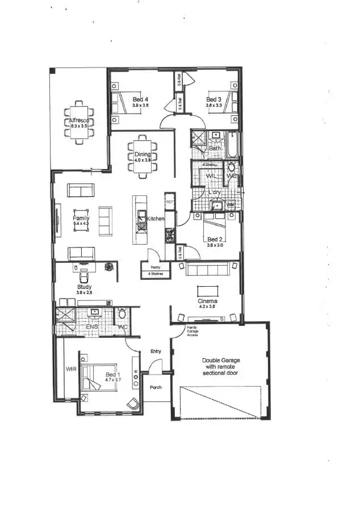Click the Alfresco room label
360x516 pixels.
78,121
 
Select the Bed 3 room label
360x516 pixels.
214,99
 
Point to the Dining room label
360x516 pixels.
143,154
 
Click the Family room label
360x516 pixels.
81,218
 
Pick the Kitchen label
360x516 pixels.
156,219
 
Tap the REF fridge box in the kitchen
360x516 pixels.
169,202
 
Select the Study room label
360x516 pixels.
85,287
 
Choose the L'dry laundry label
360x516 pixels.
215,192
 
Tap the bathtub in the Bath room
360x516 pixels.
233,145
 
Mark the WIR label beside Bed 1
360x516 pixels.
71,369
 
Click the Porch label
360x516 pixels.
156,387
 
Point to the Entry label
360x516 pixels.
156,351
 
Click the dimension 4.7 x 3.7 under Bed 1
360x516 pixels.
113,380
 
